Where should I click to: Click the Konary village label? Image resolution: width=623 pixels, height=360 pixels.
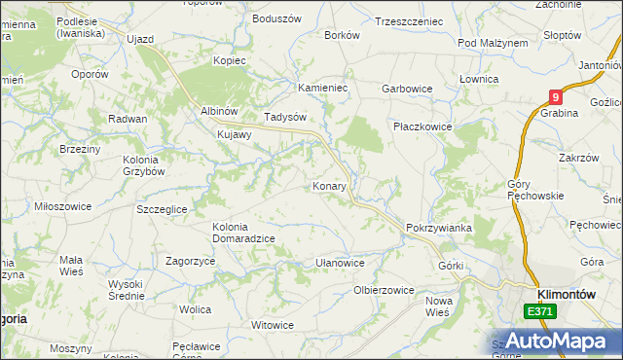[330, 185]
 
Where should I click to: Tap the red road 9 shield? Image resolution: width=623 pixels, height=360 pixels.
[555, 97]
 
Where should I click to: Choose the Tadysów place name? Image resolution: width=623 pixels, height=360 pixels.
[285, 117]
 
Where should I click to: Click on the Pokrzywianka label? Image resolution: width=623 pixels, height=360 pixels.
[439, 228]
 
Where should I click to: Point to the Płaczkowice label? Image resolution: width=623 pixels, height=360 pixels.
[420, 126]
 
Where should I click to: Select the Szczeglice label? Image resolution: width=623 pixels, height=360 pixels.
[168, 209]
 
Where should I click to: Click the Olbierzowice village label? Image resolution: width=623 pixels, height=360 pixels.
[384, 290]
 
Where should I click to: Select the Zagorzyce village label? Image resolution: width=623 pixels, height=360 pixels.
[191, 261]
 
